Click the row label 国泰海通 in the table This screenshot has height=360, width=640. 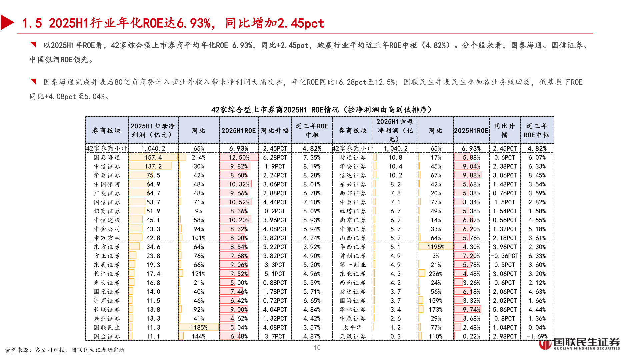click(107, 157)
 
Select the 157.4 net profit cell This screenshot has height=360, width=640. click(153, 157)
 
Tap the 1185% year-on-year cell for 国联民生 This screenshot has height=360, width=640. click(199, 327)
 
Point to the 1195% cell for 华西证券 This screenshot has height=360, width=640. click(436, 247)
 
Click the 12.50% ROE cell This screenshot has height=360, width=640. click(239, 157)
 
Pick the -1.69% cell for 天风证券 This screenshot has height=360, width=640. click(538, 336)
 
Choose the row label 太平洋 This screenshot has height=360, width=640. click(353, 327)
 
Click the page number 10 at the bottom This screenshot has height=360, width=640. click(317, 348)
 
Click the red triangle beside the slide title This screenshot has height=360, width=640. click(7, 23)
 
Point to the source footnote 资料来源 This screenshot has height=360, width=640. click(65, 350)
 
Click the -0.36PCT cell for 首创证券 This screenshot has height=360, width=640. click(505, 256)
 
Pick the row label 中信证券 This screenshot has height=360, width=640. click(107, 166)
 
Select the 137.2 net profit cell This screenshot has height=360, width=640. click(153, 166)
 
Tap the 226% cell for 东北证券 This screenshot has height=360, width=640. click(436, 274)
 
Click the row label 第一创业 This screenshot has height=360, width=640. click(353, 265)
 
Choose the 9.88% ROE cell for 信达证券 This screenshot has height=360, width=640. click(471, 175)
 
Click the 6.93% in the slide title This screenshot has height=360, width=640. click(194, 23)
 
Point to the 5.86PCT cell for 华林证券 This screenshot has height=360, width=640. click(505, 310)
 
